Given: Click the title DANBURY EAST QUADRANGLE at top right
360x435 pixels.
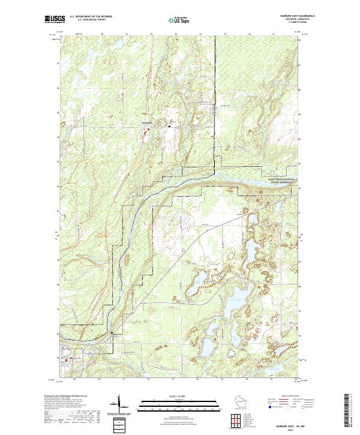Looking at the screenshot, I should click(289, 16).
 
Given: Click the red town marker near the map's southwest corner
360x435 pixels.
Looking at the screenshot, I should click(59, 360).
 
